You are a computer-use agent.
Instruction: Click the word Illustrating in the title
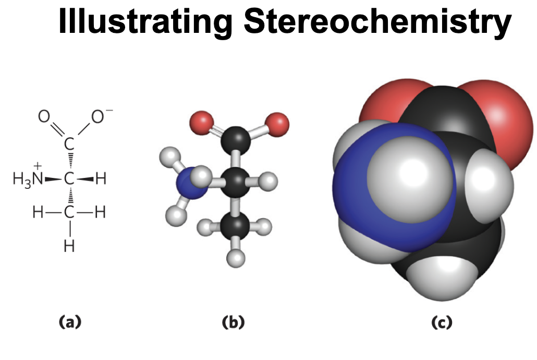click(144, 22)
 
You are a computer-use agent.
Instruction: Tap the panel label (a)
click(69, 322)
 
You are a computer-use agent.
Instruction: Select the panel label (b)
click(233, 322)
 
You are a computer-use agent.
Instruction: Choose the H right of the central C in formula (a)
click(101, 179)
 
